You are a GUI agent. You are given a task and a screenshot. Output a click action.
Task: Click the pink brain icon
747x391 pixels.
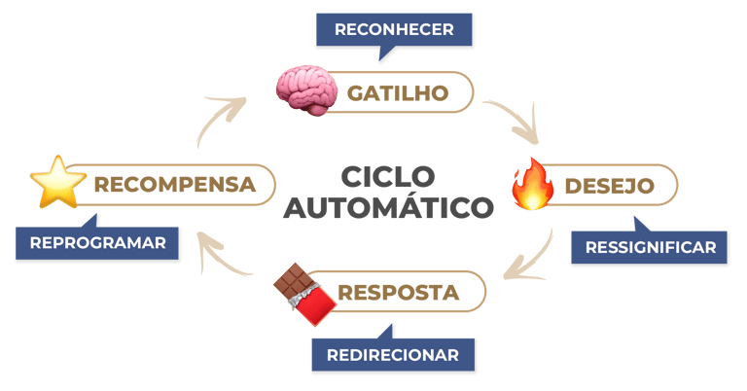coord(305,89)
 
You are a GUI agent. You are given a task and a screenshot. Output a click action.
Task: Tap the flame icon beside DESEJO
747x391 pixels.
coord(532,185)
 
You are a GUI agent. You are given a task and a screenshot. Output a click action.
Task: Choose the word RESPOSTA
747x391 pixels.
coord(398,292)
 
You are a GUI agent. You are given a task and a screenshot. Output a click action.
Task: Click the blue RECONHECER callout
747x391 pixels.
coord(394,29)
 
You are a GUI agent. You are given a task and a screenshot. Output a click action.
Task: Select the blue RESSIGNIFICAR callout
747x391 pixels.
coord(650,247)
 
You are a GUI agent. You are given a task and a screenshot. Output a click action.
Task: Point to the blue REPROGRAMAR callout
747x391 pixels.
coord(98,242)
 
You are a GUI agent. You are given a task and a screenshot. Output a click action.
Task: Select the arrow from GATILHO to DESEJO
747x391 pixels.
coord(515,118)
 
